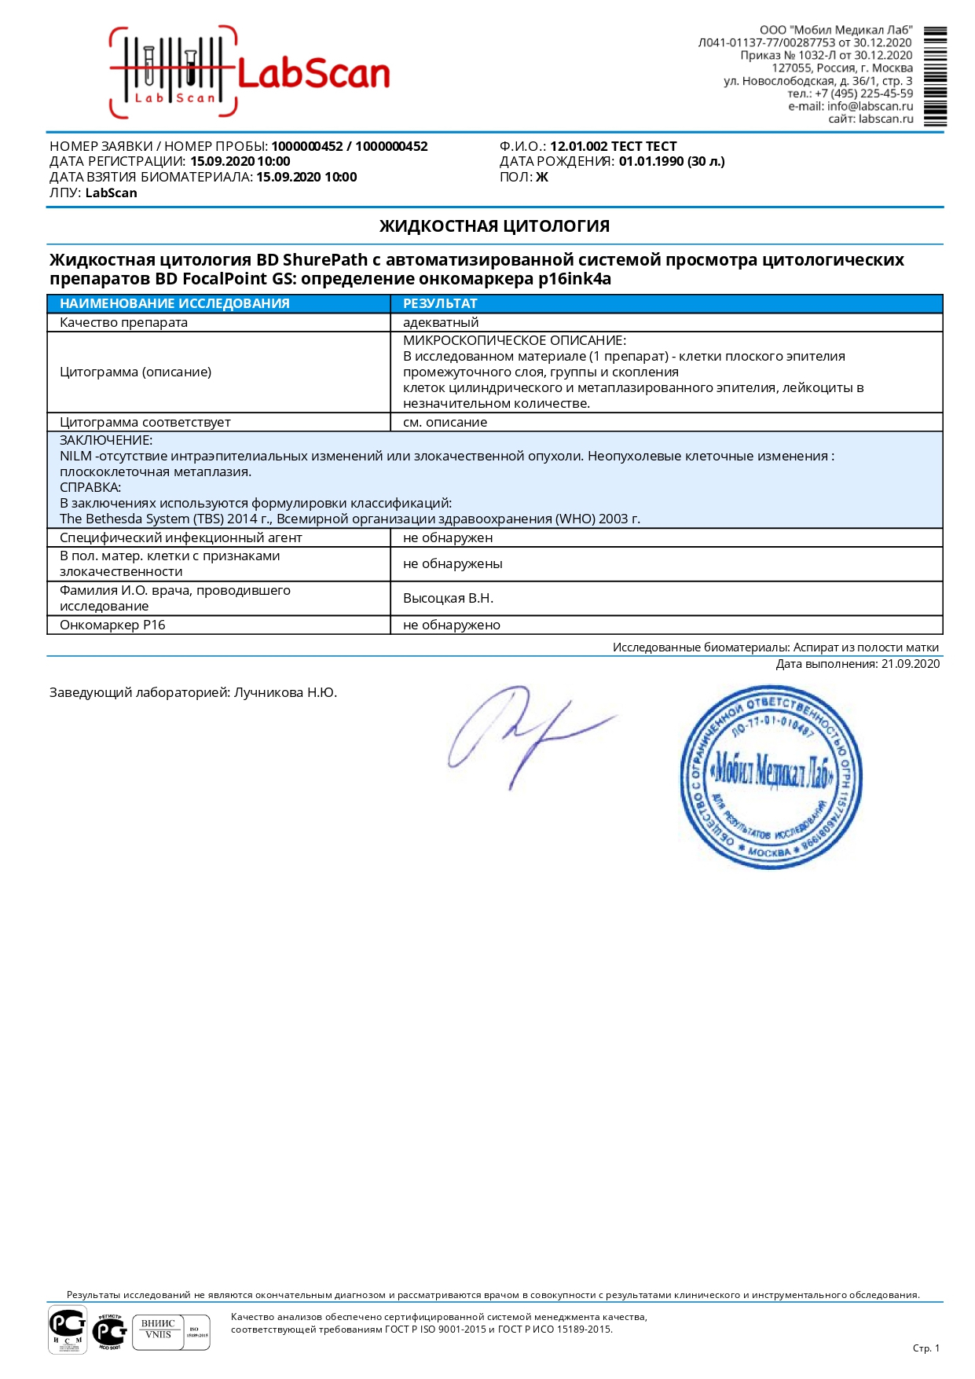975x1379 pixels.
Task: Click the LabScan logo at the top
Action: (x=250, y=73)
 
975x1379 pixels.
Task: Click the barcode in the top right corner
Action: (x=935, y=76)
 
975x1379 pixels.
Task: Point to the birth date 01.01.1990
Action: (x=651, y=161)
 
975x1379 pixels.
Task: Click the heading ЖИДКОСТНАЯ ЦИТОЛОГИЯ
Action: (x=494, y=226)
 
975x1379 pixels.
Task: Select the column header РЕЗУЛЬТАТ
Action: (x=440, y=303)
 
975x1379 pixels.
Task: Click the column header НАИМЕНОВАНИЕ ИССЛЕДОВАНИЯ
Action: (x=174, y=303)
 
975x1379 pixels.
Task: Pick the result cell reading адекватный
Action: (x=441, y=322)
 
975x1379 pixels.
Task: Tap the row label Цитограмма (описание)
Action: (x=135, y=372)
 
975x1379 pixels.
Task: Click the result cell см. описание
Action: (x=445, y=422)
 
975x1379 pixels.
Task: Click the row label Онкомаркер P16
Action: (x=112, y=625)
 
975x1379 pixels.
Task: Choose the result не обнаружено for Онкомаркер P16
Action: (x=451, y=625)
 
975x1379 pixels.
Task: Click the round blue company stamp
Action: (x=771, y=776)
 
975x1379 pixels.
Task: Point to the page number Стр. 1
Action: (x=926, y=1348)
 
